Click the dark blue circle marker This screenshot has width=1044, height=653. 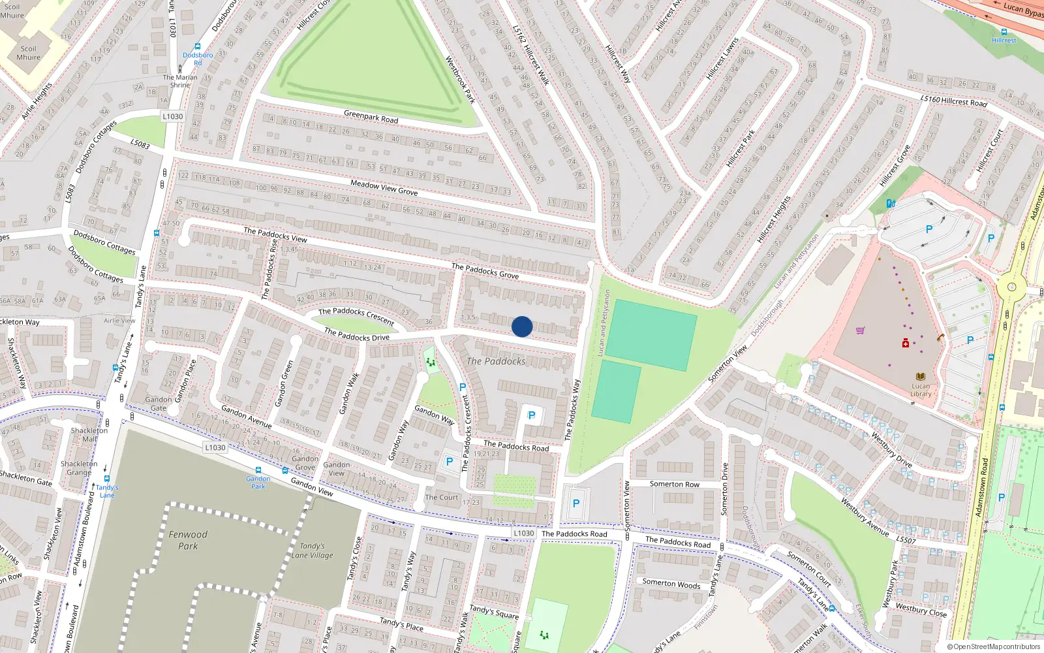point(522,326)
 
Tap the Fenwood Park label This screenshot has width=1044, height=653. point(188,540)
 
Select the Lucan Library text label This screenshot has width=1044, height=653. point(921,390)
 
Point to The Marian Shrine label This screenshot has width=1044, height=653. point(180,81)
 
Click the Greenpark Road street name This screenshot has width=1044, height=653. point(371,116)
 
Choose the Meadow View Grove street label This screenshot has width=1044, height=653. point(384,188)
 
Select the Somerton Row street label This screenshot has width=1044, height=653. point(674,484)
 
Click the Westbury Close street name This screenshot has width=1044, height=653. point(921,610)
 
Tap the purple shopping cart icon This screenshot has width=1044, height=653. point(860,330)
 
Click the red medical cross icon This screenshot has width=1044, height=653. point(905,343)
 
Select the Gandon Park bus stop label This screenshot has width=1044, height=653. point(258,483)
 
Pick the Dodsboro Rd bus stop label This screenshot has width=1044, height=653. point(198,59)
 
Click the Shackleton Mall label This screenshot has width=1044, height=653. point(89,435)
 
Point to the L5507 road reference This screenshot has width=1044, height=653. point(906,540)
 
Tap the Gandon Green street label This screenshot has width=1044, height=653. point(285,383)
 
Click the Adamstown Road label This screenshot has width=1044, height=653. point(981,487)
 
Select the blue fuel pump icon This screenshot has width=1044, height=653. point(891,204)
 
